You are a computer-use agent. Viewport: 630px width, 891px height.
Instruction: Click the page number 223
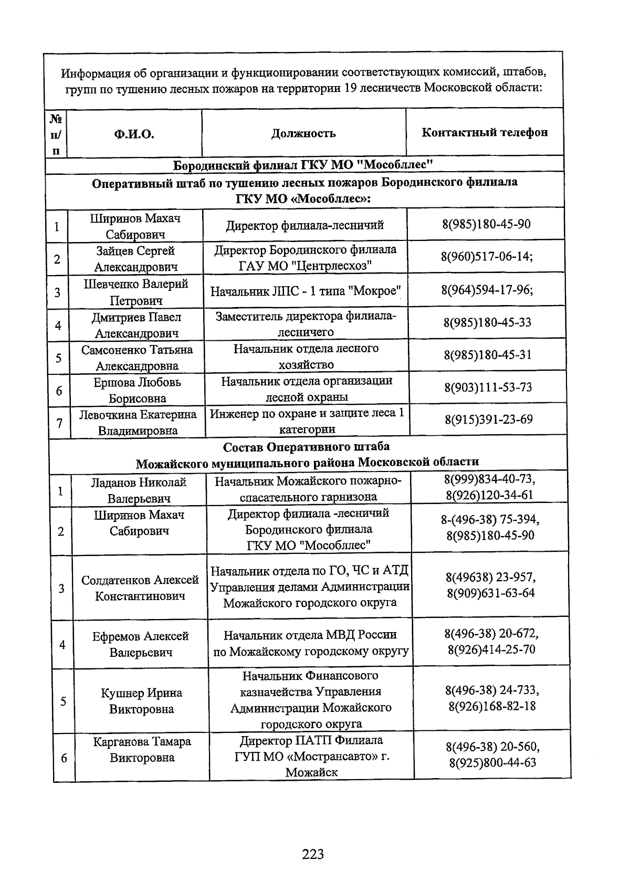coord(313,854)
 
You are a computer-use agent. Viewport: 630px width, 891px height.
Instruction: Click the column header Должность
coord(303,133)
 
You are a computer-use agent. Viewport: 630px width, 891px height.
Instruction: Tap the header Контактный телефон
coord(485,132)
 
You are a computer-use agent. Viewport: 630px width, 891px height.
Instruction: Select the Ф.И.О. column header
coord(134,134)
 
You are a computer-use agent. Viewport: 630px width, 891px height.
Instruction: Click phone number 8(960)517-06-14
coord(487,257)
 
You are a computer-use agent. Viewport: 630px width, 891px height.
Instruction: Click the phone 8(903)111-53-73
coord(488,387)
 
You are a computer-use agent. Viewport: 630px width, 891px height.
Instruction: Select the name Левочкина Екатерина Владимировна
coord(138,422)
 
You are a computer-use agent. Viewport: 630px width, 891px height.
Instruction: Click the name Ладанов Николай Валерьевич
coord(139,490)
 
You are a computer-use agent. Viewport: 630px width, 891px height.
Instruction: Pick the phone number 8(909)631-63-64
coord(491,593)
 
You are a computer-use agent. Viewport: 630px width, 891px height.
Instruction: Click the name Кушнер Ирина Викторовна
coord(141,701)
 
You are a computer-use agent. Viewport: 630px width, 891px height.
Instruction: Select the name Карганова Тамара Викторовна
coord(142,749)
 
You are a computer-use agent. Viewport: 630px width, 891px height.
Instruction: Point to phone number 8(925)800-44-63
coord(492,762)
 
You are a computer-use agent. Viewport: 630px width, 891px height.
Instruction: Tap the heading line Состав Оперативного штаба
coord(307,447)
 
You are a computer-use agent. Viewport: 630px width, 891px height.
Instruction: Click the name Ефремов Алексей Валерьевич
coord(141,644)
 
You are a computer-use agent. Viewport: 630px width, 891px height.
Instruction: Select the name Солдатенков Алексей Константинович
coord(140,588)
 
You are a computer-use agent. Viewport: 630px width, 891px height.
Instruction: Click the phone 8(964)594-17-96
coord(487,290)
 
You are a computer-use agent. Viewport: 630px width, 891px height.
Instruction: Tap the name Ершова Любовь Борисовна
coord(137,390)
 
